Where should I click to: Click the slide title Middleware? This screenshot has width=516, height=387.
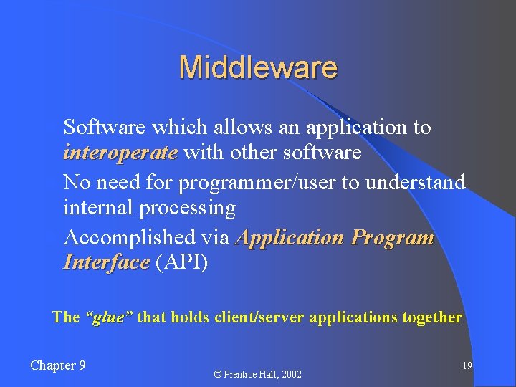pyautogui.click(x=258, y=67)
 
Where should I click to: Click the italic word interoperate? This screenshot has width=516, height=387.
pyautogui.click(x=120, y=153)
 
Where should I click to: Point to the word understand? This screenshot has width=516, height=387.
pyautogui.click(x=416, y=181)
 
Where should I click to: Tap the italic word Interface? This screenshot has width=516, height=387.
pyautogui.click(x=106, y=262)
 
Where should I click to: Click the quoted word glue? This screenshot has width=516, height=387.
pyautogui.click(x=109, y=317)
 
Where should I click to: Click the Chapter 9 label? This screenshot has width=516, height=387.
pyautogui.click(x=58, y=365)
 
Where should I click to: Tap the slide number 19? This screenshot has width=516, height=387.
pyautogui.click(x=467, y=366)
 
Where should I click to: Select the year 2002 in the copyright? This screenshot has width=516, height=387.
pyautogui.click(x=290, y=374)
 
